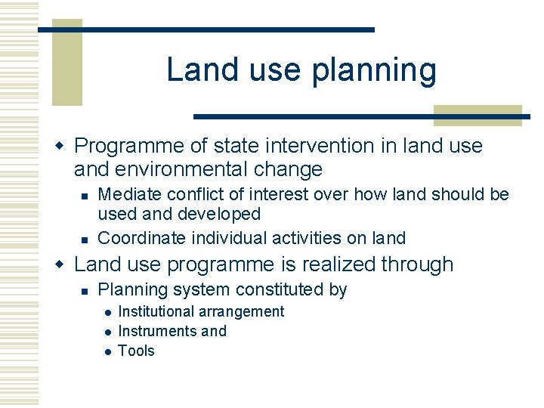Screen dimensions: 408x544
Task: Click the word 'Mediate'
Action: click(132, 194)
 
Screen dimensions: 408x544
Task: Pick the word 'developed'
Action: click(219, 214)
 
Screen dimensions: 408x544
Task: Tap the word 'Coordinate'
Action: click(143, 238)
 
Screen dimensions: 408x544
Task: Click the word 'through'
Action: click(417, 264)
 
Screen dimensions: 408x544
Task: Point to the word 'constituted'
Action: click(281, 289)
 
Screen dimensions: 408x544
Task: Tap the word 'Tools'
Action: click(136, 351)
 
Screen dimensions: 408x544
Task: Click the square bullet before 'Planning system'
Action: click(85, 290)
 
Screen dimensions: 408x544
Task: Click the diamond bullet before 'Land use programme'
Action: click(63, 264)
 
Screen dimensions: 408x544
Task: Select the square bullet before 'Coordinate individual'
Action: click(85, 239)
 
